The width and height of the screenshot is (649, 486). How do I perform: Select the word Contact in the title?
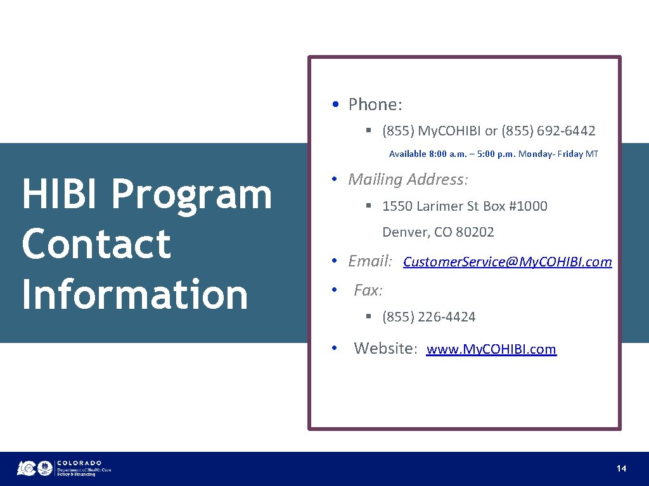pos(96,244)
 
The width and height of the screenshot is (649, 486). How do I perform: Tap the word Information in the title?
pos(134,294)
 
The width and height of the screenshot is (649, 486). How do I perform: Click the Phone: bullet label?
pos(375,104)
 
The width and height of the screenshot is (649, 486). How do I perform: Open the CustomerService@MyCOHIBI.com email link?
pos(507,262)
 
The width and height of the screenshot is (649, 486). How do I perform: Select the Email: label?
pos(370,261)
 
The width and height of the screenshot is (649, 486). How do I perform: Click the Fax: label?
pos(368,290)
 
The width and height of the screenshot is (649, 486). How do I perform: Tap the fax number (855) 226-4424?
pos(428,317)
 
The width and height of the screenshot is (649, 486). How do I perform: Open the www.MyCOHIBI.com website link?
pos(491,349)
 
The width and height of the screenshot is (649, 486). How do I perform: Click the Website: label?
pos(385,348)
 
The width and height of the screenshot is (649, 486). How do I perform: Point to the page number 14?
pos(621,468)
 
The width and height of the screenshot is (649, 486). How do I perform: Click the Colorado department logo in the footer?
pos(64,468)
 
